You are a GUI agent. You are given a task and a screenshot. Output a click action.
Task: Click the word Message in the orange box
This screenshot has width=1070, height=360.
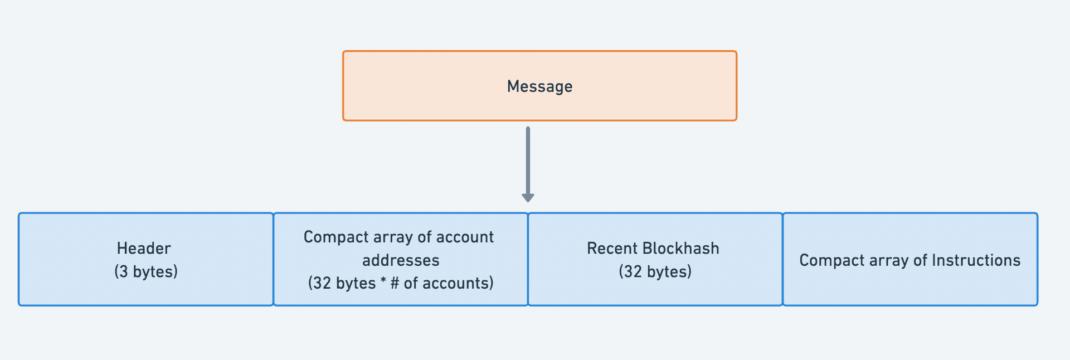pyautogui.click(x=539, y=86)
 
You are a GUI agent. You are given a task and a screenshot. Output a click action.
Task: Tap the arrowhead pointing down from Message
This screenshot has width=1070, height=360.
pyautogui.click(x=528, y=197)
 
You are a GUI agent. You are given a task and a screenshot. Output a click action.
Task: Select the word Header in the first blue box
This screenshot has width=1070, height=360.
pyautogui.click(x=144, y=249)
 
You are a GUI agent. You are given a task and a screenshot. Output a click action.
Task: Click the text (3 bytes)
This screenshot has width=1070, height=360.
pyautogui.click(x=146, y=271)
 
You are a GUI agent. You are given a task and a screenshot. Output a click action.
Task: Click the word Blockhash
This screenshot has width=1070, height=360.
pyautogui.click(x=680, y=249)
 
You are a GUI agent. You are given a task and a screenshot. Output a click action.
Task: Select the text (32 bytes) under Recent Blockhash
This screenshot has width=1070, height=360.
pyautogui.click(x=655, y=271)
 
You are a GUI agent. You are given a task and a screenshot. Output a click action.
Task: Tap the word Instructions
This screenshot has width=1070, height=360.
pyautogui.click(x=976, y=260)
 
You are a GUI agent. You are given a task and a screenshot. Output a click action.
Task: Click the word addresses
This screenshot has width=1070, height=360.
pyautogui.click(x=401, y=260)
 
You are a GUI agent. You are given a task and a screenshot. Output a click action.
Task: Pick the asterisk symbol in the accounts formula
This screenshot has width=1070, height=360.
pyautogui.click(x=383, y=281)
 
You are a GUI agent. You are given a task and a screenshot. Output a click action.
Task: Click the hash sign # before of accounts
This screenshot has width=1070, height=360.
pyautogui.click(x=395, y=283)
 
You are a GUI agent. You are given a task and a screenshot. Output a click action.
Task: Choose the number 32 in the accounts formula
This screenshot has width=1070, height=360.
pyautogui.click(x=322, y=283)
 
